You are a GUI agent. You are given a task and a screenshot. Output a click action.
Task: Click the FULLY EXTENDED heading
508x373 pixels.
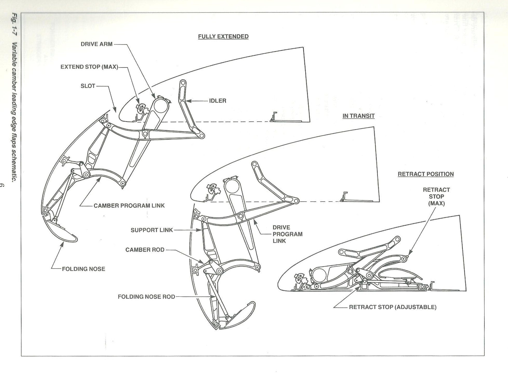click(223, 37)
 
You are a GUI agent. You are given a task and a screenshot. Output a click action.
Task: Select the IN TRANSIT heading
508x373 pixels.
click(358, 116)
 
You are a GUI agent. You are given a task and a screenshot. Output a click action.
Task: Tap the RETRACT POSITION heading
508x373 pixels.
click(426, 174)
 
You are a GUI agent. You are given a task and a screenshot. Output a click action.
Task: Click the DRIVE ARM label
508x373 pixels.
click(97, 44)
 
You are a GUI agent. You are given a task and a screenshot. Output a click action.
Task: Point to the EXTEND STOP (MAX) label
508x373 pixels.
click(89, 67)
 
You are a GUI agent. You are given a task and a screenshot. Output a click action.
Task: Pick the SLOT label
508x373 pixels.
click(88, 86)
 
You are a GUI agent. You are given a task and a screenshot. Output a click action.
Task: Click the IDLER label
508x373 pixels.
click(218, 101)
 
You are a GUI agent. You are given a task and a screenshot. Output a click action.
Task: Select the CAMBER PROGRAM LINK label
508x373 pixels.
click(129, 206)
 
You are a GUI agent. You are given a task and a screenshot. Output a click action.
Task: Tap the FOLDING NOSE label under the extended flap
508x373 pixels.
click(83, 269)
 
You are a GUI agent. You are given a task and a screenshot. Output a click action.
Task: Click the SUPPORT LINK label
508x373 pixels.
click(152, 230)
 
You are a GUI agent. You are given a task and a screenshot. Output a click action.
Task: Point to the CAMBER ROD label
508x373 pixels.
click(145, 250)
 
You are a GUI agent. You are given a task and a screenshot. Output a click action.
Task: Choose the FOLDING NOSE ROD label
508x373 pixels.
click(146, 297)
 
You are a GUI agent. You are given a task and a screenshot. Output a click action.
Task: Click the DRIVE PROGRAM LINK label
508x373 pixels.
click(287, 234)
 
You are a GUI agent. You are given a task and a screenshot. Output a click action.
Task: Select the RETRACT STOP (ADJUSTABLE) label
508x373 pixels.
click(392, 307)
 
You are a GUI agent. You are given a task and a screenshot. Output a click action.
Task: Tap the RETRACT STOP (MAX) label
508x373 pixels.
click(436, 196)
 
